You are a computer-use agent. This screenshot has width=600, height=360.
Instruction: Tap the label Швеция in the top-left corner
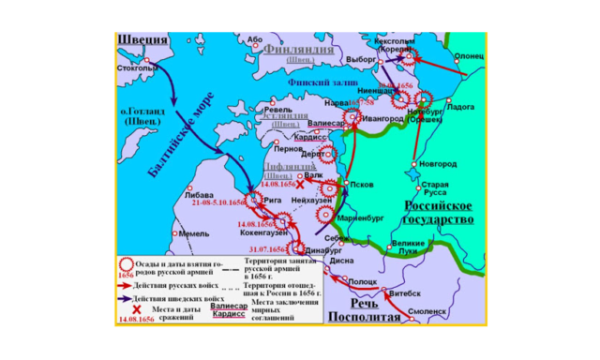click(142, 39)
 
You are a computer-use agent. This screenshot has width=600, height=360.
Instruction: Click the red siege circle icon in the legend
click(126, 265)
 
